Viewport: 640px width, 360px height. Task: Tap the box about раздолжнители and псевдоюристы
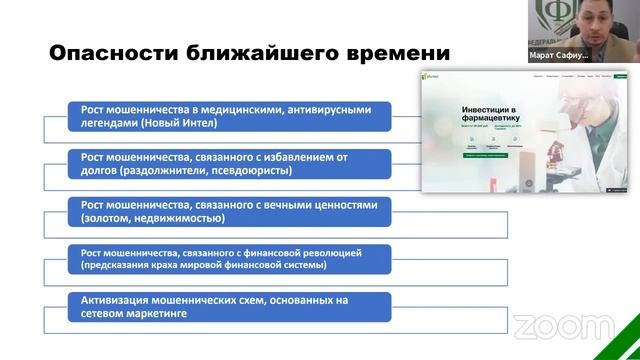[230, 162]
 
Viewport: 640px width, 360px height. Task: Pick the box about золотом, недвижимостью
[230, 211]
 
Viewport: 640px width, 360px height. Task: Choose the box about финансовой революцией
[230, 259]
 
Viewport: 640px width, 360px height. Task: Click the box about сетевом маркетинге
[230, 306]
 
